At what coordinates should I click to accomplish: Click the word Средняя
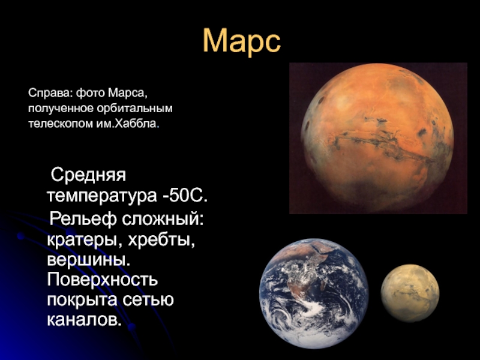click(x=88, y=175)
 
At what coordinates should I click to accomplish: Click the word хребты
click(x=161, y=240)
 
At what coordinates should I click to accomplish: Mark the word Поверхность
click(x=103, y=280)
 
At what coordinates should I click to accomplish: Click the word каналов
click(x=83, y=320)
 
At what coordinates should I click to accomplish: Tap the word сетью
click(x=148, y=299)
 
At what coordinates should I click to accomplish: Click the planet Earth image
click(x=314, y=293)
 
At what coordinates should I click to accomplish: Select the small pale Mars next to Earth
click(x=410, y=293)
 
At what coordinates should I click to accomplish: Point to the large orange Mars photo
click(x=378, y=138)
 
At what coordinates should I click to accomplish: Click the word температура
click(x=101, y=197)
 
